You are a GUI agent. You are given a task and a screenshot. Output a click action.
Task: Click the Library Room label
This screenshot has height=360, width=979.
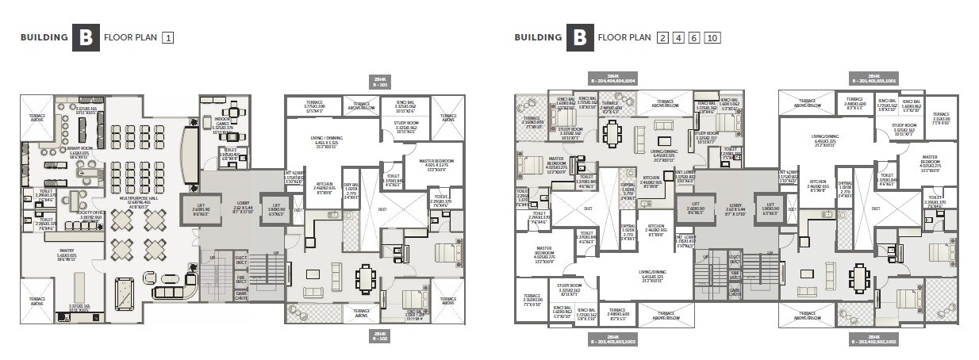point(78,153)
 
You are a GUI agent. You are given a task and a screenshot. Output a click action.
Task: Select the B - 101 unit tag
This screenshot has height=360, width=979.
point(381,80)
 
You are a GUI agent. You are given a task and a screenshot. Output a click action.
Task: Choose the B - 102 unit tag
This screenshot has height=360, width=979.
point(381,335)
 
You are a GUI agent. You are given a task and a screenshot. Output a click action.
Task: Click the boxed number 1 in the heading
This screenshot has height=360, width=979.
point(168,37)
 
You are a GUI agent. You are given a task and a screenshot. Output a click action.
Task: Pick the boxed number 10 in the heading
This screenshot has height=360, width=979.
point(712,37)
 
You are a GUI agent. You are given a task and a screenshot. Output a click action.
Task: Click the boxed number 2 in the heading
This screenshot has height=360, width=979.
point(662,37)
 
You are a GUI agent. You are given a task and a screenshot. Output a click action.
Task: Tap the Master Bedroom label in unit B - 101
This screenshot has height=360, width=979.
point(433,163)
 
